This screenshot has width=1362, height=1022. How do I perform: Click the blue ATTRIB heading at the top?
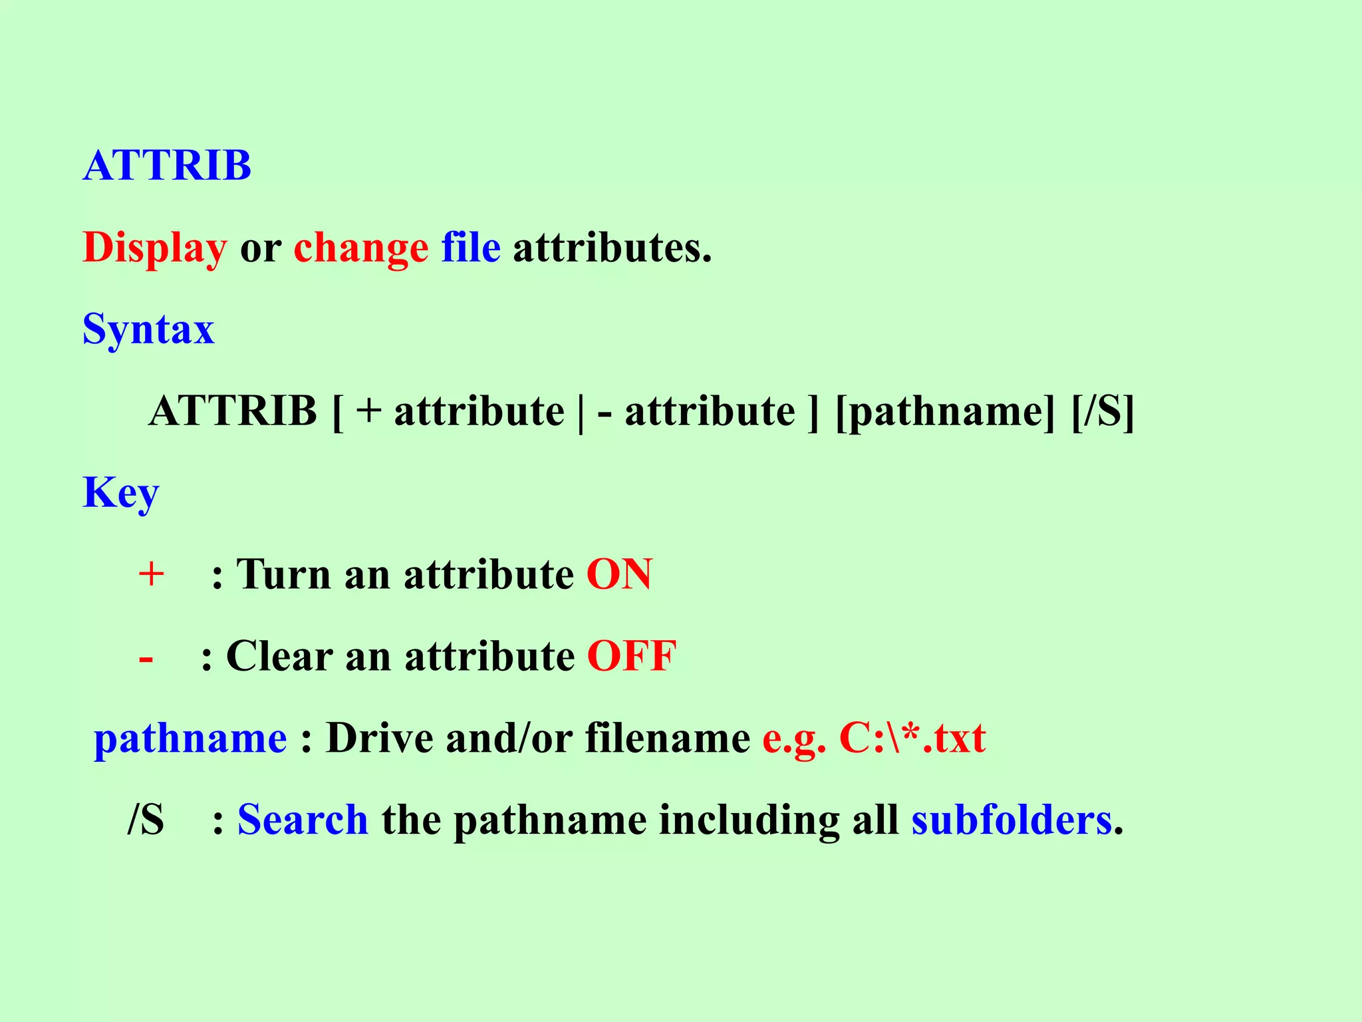[167, 165]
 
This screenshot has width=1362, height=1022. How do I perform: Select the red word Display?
[154, 248]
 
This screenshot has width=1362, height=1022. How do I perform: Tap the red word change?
[361, 248]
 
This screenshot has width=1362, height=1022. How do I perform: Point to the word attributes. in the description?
[612, 248]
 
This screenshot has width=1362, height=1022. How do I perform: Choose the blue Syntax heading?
[148, 329]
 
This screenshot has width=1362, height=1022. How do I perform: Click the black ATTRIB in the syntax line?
[233, 411]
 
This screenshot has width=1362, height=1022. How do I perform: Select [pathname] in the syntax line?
[945, 411]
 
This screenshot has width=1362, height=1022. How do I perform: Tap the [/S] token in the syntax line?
[1103, 411]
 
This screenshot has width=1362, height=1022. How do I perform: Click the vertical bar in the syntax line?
[581, 413]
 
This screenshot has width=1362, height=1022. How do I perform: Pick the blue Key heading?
[120, 493]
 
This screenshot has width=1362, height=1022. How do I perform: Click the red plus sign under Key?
[151, 574]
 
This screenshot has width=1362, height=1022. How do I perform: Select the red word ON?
[619, 574]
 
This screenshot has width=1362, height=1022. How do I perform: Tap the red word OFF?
[632, 656]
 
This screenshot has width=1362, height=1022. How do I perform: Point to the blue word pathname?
[190, 739]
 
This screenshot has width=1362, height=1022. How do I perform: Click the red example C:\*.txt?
[912, 738]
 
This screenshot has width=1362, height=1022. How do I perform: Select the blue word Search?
[303, 819]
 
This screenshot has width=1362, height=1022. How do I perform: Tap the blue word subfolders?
[1012, 819]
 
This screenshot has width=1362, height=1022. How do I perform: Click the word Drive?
[380, 738]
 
